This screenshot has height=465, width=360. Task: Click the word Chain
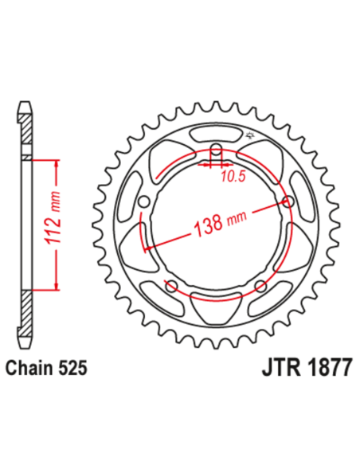click(x=31, y=369)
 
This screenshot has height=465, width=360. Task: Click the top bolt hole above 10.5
click(x=216, y=148)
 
